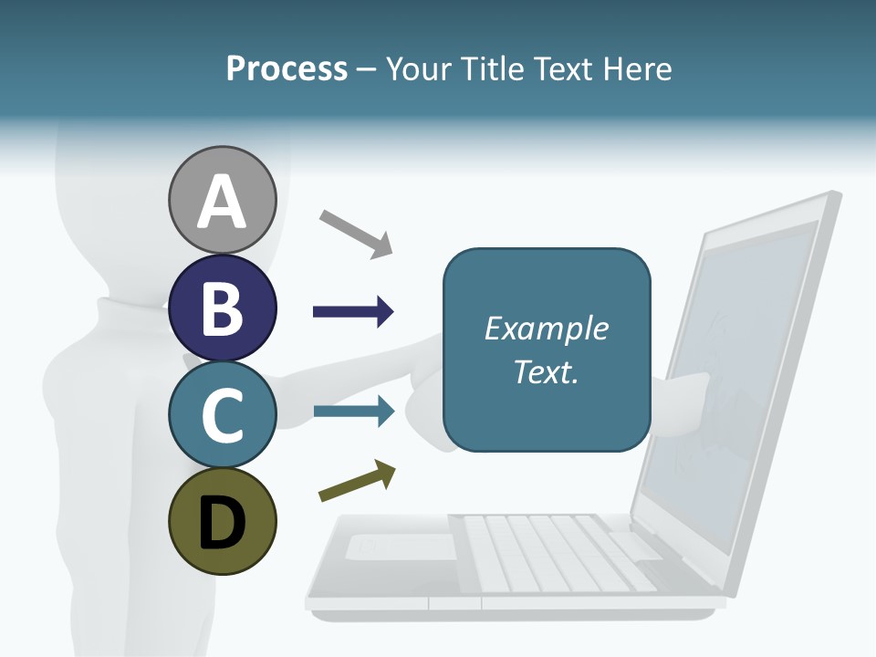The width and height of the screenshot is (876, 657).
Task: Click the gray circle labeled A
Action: [222, 200]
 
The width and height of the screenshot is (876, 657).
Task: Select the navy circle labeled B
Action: [222, 307]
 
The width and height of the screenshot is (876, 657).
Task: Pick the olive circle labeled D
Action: [222, 521]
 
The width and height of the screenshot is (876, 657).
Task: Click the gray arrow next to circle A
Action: [356, 233]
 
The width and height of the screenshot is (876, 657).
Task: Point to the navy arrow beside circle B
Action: [353, 312]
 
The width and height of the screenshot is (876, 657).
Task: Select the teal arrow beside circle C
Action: [353, 412]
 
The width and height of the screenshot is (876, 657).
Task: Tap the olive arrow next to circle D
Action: [358, 481]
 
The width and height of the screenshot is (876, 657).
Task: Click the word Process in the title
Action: [287, 68]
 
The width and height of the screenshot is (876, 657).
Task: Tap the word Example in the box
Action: [547, 328]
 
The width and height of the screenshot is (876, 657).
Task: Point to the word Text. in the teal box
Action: [547, 371]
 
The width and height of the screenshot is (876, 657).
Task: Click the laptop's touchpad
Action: [401, 547]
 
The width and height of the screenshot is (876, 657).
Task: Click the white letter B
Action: [222, 308]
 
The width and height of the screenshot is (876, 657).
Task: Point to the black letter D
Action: [222, 523]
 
